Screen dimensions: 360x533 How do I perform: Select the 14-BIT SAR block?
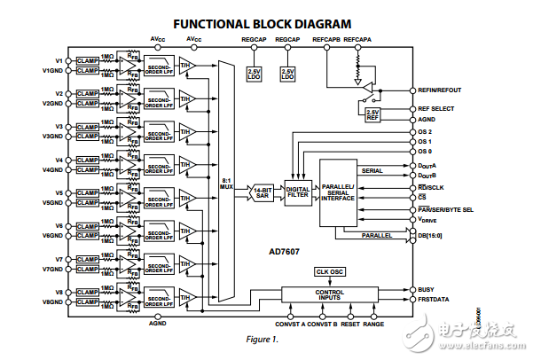click(262, 191)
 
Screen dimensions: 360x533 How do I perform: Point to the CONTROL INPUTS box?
click(329, 293)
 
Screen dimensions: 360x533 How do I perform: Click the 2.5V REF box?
click(373, 113)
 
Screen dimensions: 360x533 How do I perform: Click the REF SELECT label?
click(436, 108)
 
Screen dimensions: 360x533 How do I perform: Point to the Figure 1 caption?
click(265, 340)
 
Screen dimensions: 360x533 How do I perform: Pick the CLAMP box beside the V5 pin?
click(87, 192)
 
